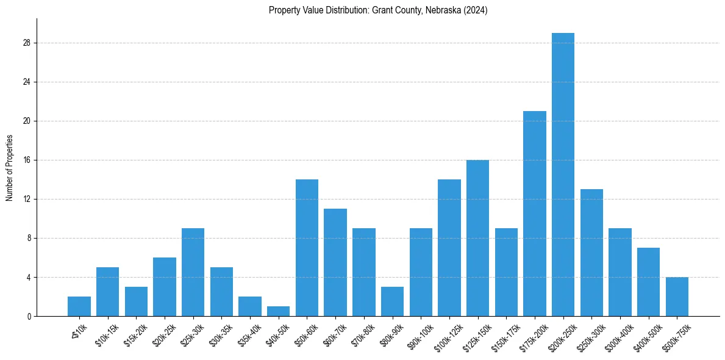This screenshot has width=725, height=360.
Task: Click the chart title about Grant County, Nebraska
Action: (377, 10)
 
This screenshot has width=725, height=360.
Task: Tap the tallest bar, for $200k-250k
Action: (563, 175)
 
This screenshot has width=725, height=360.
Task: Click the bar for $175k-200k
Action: (534, 214)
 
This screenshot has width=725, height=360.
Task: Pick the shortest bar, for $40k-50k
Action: (278, 311)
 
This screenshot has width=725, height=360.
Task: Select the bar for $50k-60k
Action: (307, 248)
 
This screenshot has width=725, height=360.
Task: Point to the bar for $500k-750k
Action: (677, 297)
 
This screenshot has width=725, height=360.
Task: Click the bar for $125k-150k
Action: (477, 238)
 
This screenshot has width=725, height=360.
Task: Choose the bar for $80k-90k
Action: (392, 301)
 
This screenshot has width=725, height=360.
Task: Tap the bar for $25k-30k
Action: (193, 272)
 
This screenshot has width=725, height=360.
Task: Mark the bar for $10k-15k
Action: (107, 292)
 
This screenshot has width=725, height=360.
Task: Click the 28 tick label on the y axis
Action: (27, 43)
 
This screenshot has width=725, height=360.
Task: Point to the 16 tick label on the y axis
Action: (27, 160)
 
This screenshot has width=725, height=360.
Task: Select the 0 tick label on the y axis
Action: (29, 316)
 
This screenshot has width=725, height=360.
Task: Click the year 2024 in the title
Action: (476, 10)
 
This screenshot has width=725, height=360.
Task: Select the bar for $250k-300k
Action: (591, 253)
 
